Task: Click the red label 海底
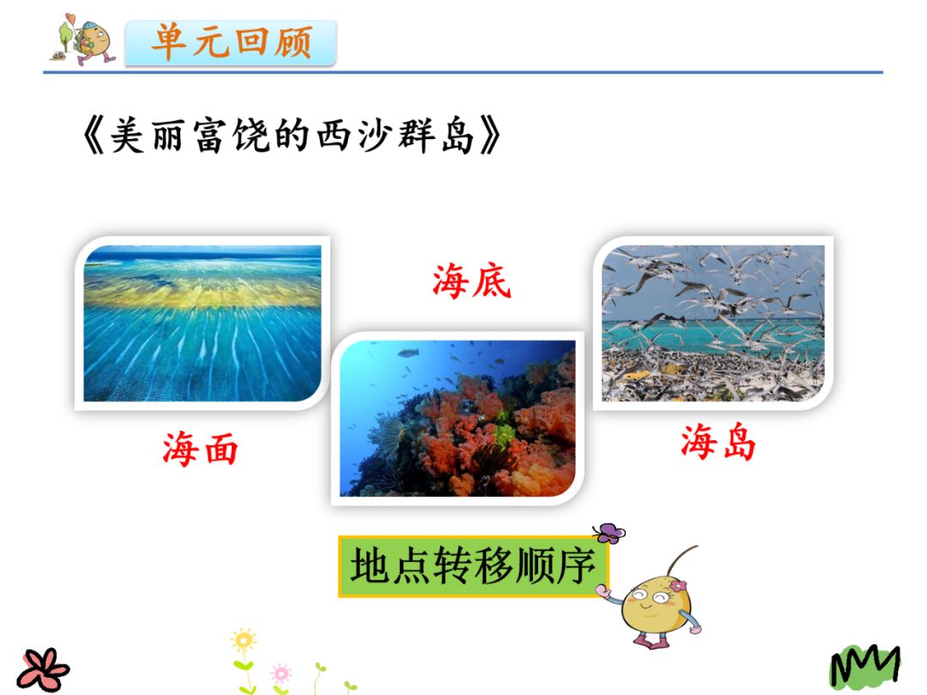[x=471, y=281]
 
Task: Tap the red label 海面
[x=200, y=449]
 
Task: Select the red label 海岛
[x=718, y=443]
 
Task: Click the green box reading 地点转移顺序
[x=473, y=567]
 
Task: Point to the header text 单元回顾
[x=231, y=42]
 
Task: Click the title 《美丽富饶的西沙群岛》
[x=291, y=136]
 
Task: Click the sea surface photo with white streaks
[x=203, y=323]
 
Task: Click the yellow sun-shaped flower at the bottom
[x=244, y=640]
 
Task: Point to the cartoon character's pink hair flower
[x=678, y=586]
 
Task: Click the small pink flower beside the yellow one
[x=281, y=672]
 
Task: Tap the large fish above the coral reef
[x=408, y=353]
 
